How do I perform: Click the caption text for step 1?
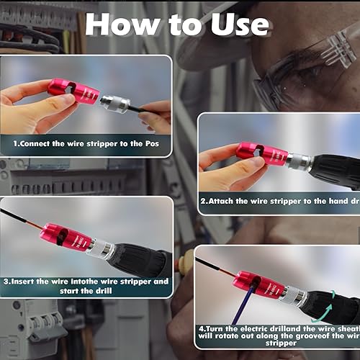[x=87, y=144]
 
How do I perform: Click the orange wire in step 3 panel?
[x=22, y=219]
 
